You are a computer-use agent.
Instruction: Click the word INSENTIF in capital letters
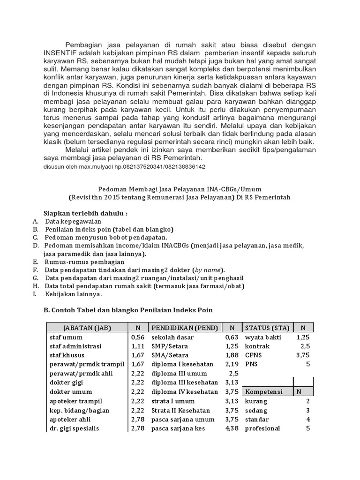[x=60, y=52]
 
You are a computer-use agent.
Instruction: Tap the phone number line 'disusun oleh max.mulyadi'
[x=124, y=166]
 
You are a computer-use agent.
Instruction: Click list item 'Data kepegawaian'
[x=73, y=221]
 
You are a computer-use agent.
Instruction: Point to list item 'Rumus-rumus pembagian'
[x=84, y=262]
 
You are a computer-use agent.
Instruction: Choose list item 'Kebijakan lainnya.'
[x=73, y=294]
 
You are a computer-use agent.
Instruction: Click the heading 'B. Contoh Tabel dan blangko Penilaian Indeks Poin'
[x=128, y=310]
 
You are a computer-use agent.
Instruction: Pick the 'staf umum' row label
[x=67, y=337]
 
